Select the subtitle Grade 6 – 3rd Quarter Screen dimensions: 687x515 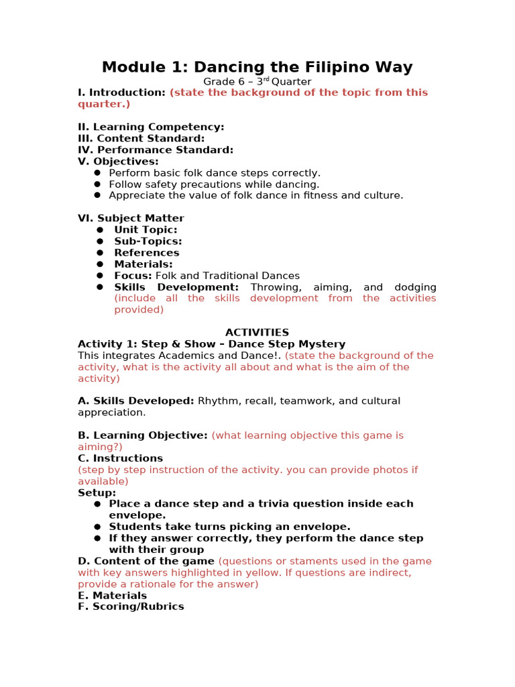click(x=257, y=82)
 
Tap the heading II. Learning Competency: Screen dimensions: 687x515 click(x=151, y=127)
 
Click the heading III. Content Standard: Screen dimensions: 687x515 click(x=141, y=138)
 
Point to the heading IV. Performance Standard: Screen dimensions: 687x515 click(x=156, y=150)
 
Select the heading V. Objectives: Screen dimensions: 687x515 click(x=118, y=161)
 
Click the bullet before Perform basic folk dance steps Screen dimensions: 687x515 click(x=97, y=172)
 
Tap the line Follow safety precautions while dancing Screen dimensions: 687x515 click(x=214, y=184)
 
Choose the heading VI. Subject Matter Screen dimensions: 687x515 click(x=131, y=218)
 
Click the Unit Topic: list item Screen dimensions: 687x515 click(x=146, y=229)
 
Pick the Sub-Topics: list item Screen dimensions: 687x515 click(x=148, y=241)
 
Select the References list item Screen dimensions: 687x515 click(x=146, y=252)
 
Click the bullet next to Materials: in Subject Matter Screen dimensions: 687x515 click(x=99, y=264)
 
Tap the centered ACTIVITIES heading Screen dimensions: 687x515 click(x=257, y=332)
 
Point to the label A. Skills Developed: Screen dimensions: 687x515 click(x=136, y=401)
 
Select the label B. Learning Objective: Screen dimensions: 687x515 click(x=143, y=435)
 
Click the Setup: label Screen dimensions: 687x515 click(x=97, y=492)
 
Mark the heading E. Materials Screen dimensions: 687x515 click(x=112, y=595)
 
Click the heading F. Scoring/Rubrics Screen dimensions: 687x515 click(x=131, y=606)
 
